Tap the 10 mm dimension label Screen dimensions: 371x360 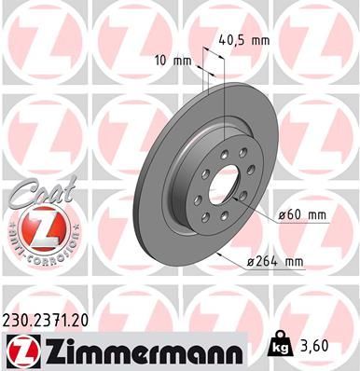coord(175,61)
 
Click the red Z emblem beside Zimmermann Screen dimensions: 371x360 coord(18,350)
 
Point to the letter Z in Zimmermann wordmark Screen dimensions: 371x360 coord(48,350)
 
